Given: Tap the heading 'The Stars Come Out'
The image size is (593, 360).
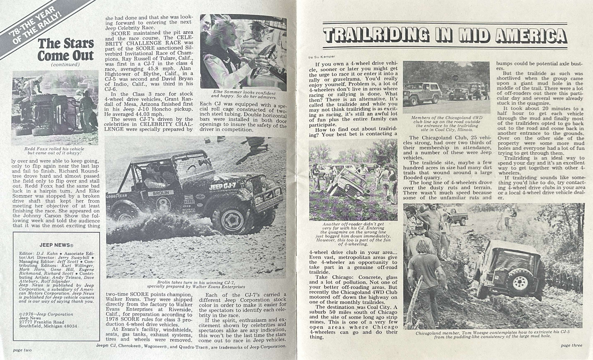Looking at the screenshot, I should (x=66, y=50).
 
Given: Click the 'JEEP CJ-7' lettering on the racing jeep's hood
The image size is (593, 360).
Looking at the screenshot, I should (x=223, y=187).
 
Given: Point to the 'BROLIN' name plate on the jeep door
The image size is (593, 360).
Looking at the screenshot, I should (x=161, y=193).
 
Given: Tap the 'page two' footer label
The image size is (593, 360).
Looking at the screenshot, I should (x=22, y=350).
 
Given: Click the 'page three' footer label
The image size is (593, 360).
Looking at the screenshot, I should (x=571, y=345).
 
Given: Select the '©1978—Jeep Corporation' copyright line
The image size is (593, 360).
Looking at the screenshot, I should (x=46, y=314).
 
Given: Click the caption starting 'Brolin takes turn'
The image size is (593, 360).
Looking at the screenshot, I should (x=196, y=282).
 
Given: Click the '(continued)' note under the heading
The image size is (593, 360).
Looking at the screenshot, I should (x=65, y=64).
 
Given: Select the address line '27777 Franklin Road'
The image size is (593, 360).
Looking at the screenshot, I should (x=42, y=322).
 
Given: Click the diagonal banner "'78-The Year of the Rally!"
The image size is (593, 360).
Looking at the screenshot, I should (x=33, y=25).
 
